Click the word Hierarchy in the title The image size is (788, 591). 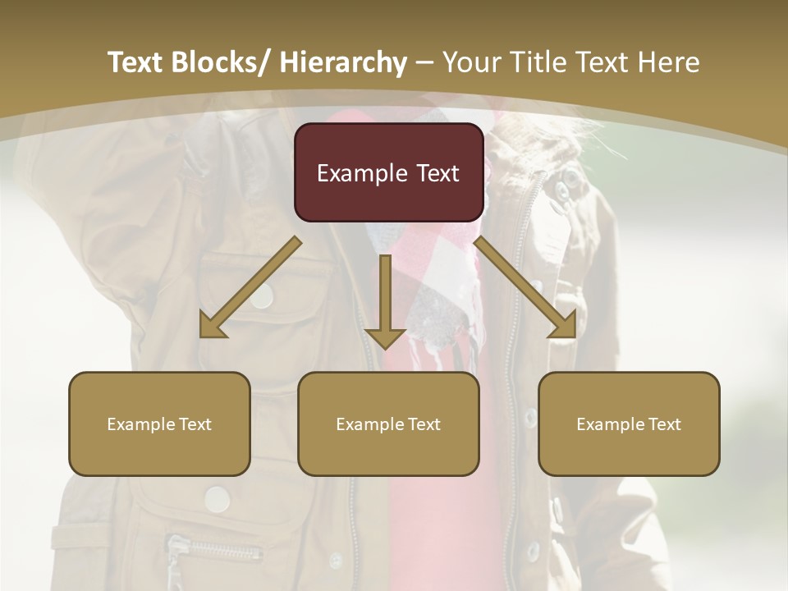click(343, 62)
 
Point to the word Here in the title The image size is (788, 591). click(670, 62)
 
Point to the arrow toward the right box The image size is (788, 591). click(526, 287)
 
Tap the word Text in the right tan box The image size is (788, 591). click(664, 424)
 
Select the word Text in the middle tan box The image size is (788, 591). click(424, 424)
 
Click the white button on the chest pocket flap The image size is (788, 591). click(261, 296)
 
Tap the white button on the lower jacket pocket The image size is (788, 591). click(217, 498)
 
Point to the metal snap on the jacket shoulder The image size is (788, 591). click(564, 188)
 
